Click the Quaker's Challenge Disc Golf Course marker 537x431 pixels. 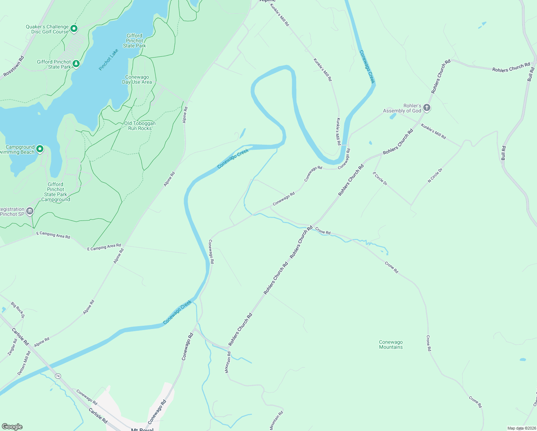[74, 28]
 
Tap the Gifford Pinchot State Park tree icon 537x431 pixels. [76, 64]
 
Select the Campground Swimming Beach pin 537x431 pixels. [40, 149]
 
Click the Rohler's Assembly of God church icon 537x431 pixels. [426, 108]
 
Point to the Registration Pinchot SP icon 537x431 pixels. [30, 211]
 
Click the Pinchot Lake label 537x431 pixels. [108, 60]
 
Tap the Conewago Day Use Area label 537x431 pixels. [137, 80]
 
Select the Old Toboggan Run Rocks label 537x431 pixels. [140, 126]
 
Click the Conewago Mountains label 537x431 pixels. [391, 344]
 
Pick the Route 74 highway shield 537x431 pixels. [58, 376]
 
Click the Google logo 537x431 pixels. [12, 426]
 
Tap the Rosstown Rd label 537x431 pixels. [14, 66]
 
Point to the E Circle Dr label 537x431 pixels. [380, 179]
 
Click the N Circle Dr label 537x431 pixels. [435, 176]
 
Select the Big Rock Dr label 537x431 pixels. [18, 310]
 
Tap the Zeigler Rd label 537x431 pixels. [13, 347]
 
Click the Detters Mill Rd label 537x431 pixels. [24, 363]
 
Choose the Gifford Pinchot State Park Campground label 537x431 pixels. [56, 192]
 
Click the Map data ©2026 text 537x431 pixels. [521, 428]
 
